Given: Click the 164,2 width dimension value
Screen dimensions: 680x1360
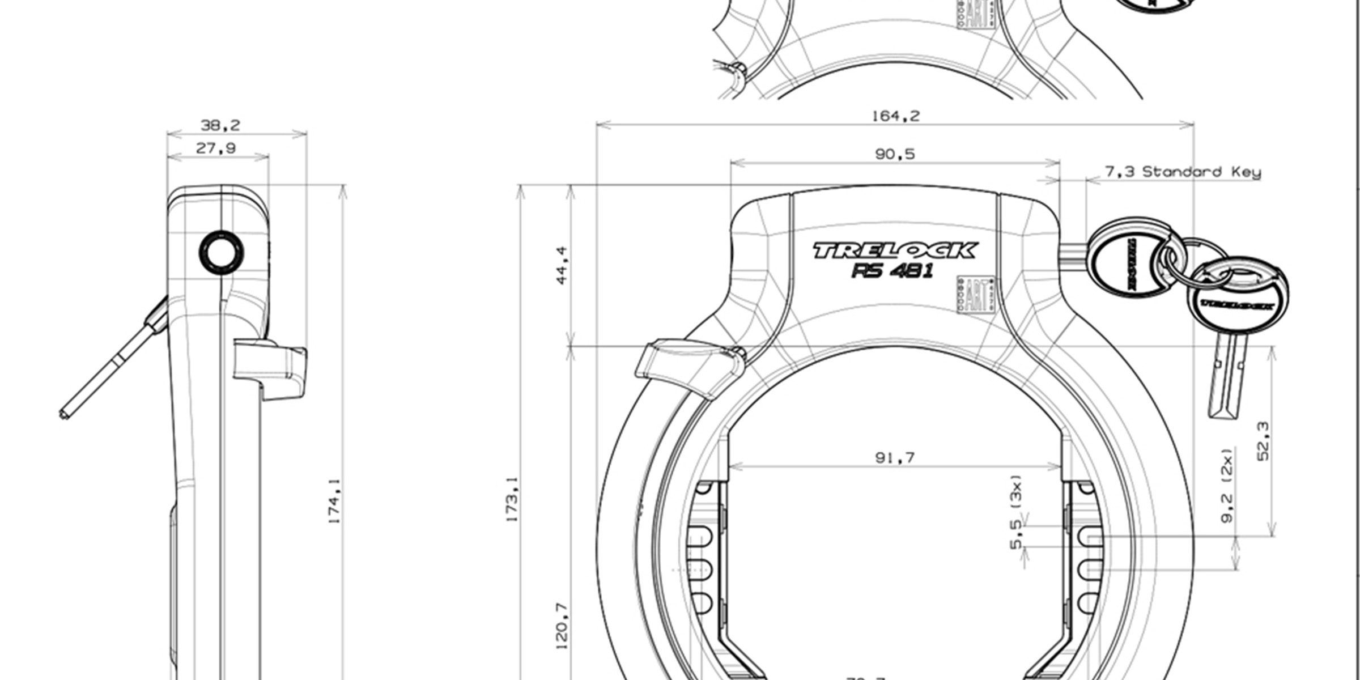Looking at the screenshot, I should click(x=895, y=116).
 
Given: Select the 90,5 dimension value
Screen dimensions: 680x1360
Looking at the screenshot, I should click(x=895, y=154).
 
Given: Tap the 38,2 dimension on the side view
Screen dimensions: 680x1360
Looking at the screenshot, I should click(x=220, y=125).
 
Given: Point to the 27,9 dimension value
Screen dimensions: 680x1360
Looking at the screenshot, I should click(x=216, y=148).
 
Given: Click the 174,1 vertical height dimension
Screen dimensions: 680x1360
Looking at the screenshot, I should click(x=335, y=501).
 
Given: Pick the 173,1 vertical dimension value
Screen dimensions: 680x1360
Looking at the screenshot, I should click(x=512, y=499).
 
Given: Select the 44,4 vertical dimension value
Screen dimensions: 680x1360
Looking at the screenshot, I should click(x=561, y=265).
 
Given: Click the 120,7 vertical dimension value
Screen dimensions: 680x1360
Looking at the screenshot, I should click(x=561, y=625).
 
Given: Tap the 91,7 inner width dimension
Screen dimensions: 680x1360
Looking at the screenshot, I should click(x=895, y=457).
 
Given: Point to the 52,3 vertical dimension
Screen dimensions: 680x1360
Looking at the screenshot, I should click(x=1263, y=441).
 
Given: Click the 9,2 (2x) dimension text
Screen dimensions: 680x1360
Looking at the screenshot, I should click(x=1227, y=486).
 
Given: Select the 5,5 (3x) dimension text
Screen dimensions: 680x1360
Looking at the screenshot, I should click(x=1017, y=512).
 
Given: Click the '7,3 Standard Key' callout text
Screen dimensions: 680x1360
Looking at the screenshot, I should click(x=1183, y=172).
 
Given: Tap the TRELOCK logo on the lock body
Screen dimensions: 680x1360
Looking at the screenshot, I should click(x=895, y=250).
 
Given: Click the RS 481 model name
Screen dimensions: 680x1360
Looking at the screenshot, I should click(x=892, y=271).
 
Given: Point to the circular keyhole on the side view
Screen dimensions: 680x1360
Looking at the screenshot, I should click(x=222, y=252).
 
